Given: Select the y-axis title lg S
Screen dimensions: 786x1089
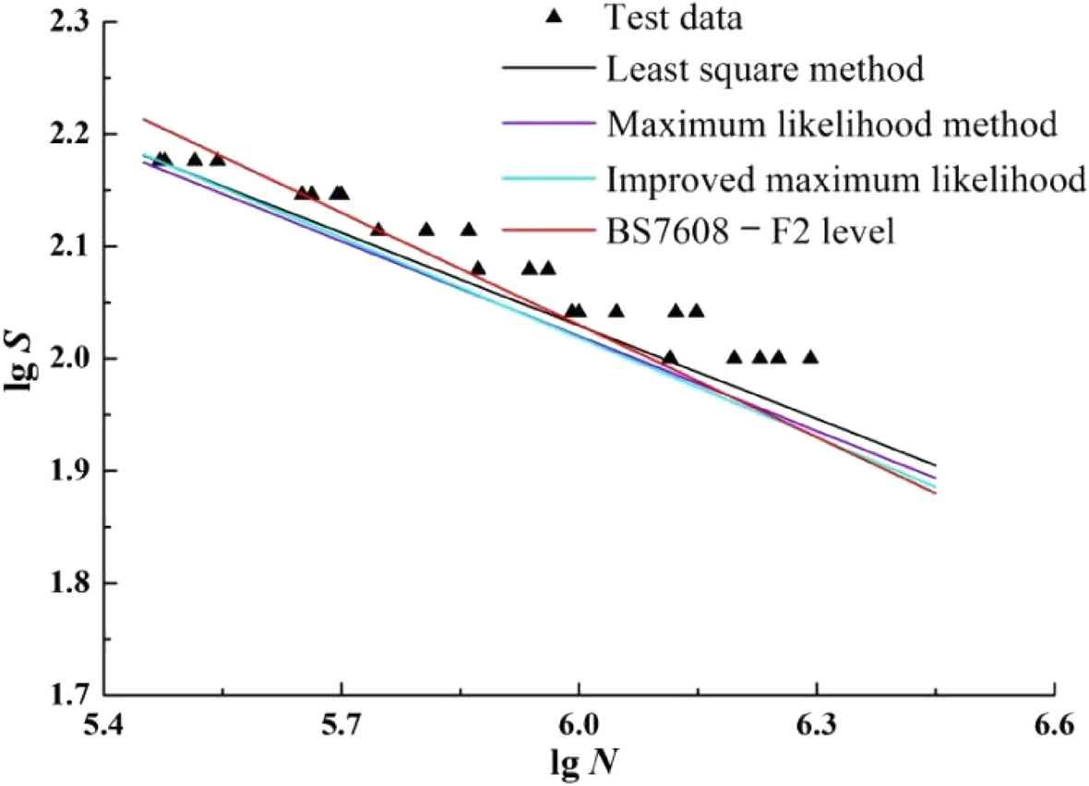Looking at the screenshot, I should pyautogui.click(x=20, y=358).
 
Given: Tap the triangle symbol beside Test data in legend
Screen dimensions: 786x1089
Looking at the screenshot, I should pyautogui.click(x=553, y=16).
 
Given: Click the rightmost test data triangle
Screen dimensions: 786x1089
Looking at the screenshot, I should pyautogui.click(x=810, y=357).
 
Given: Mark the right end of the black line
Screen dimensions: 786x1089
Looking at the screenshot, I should pyautogui.click(x=935, y=465).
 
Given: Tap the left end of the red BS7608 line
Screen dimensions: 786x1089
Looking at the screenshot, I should pyautogui.click(x=143, y=119).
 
